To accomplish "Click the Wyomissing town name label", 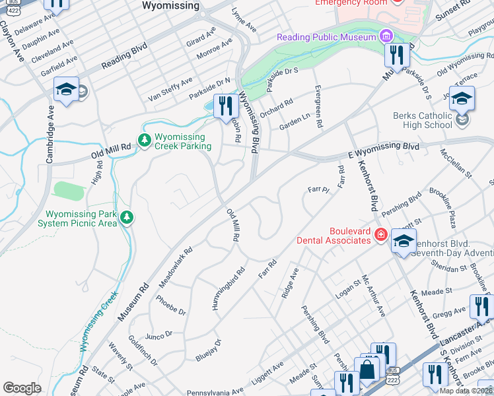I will (x=170, y=5).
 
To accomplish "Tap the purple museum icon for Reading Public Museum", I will (x=385, y=36).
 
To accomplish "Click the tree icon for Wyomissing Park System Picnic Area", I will (x=126, y=217).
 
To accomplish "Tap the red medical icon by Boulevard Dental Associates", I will (x=380, y=234).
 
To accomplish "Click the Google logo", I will (x=22, y=388).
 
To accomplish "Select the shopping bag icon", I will (x=366, y=370).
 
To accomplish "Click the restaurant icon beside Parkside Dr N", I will (x=226, y=105).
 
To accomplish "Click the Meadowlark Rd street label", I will (x=175, y=267).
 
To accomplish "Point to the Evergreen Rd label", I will (x=318, y=106).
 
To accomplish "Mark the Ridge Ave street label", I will (x=290, y=282).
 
